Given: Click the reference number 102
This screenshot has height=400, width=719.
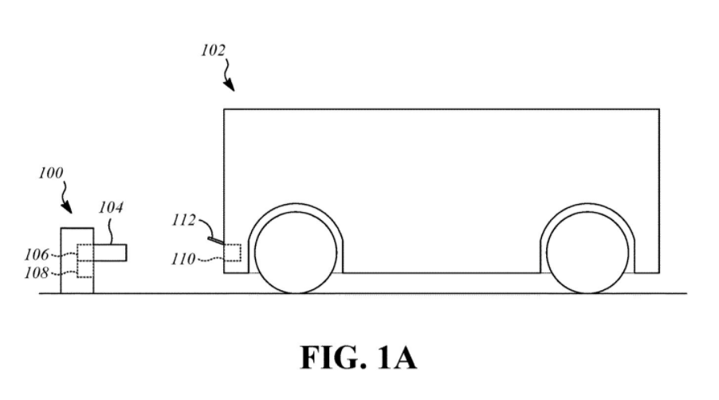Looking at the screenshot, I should click(x=213, y=51).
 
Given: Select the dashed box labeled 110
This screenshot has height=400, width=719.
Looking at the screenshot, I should click(x=232, y=252).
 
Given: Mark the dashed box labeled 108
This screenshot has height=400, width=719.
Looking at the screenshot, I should click(x=84, y=269).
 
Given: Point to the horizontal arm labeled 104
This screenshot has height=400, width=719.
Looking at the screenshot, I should click(x=109, y=252).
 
